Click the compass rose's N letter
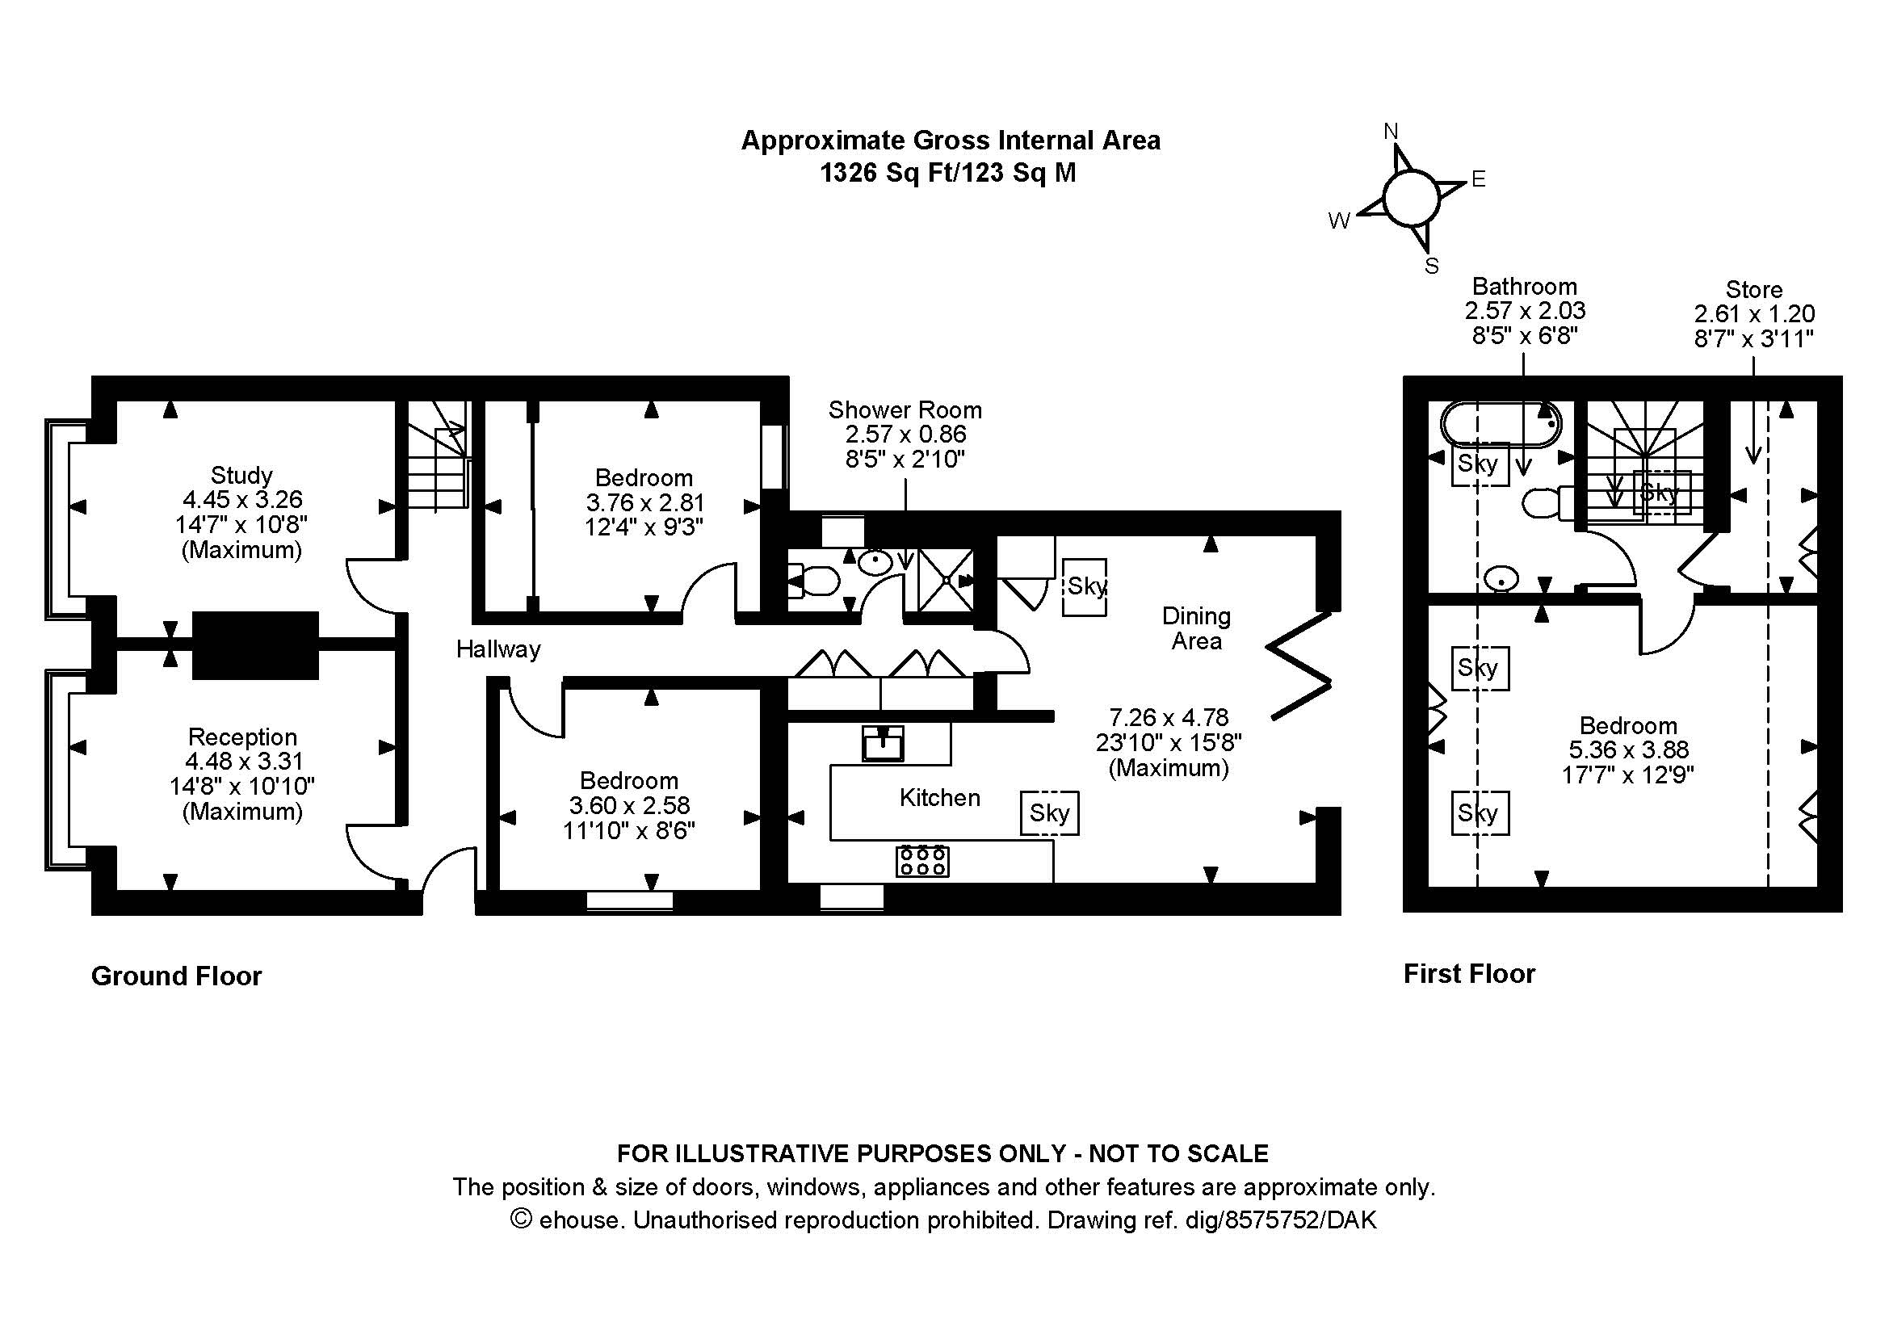coord(1391,132)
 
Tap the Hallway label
coord(498,650)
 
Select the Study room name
coord(241,476)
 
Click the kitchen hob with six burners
coord(922,860)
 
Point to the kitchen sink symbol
coord(883,744)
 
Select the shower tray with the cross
coord(947,580)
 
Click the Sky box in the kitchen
coord(1049,812)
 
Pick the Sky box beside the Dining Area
coord(1085,586)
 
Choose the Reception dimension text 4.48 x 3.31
coord(244,762)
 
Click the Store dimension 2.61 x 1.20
coord(1754,314)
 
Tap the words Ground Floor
coord(176,976)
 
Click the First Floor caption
coord(1468,974)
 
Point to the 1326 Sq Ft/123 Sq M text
coord(948,173)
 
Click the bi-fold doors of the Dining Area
coord(1300,666)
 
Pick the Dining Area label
coord(1196,628)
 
